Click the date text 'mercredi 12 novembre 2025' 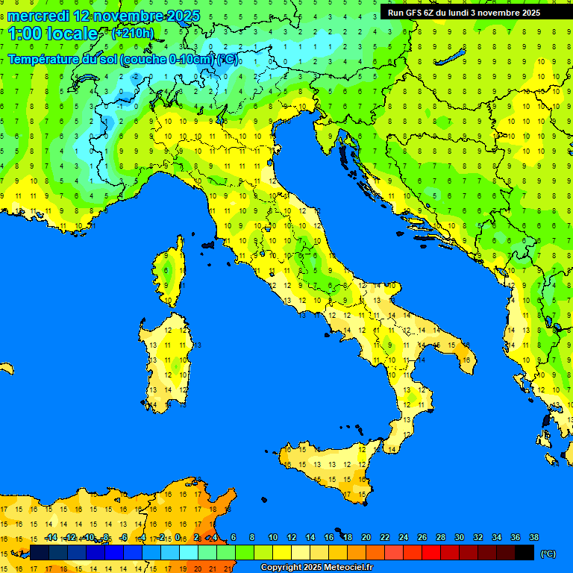[104, 15]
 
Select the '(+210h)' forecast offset [132, 33]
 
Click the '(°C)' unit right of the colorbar [548, 554]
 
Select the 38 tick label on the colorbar [534, 537]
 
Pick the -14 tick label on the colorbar [51, 537]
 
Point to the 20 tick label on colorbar [366, 537]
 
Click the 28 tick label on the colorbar [441, 537]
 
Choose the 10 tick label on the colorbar [273, 537]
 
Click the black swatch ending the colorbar [525, 553]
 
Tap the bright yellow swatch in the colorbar [282, 553]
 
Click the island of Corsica [171, 272]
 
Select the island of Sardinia [168, 358]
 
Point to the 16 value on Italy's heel [466, 360]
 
